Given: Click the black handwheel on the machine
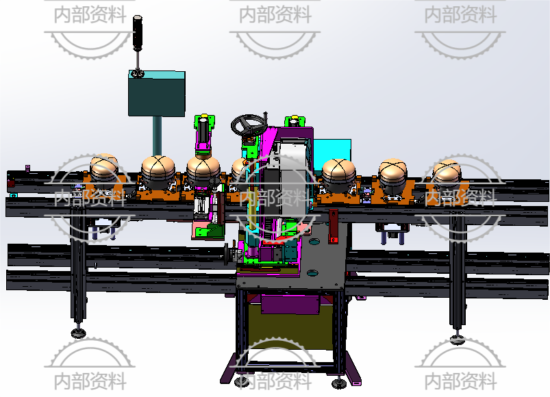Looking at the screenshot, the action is [x=249, y=125].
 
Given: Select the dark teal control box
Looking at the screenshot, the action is [x=156, y=93].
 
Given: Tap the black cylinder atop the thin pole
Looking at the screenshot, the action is [x=138, y=34].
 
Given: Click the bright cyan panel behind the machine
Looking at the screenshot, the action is [x=332, y=151].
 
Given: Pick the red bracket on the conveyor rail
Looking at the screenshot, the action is [x=333, y=227].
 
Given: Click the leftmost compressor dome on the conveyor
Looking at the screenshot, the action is [x=104, y=168].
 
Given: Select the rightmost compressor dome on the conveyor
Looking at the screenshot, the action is [x=447, y=172].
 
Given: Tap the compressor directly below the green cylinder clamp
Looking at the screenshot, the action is [x=203, y=172].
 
